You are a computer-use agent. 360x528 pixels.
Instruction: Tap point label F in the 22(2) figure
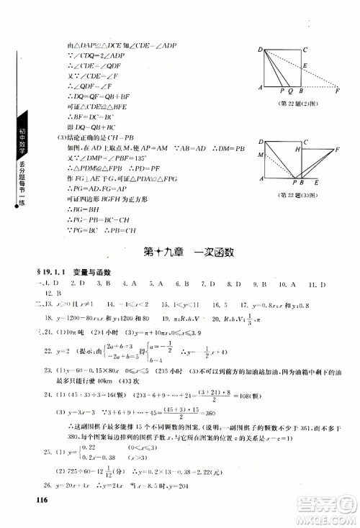[x=337, y=93]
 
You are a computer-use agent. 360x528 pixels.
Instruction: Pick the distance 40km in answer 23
[x=103, y=380]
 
